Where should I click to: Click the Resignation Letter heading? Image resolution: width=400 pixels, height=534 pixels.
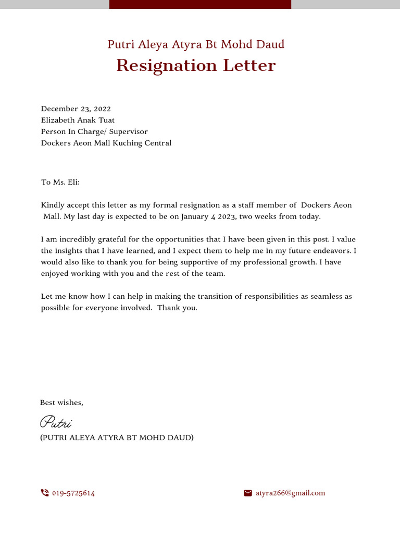tap(196, 66)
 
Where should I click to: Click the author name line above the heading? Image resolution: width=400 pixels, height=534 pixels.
tap(196, 44)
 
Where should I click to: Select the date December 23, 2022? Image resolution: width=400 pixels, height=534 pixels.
tap(76, 109)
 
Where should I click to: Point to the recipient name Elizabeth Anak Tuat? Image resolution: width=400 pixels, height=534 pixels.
tap(78, 120)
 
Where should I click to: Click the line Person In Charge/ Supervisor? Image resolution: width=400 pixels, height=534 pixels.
tap(94, 132)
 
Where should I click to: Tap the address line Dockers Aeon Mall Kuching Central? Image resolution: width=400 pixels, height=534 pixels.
tap(106, 143)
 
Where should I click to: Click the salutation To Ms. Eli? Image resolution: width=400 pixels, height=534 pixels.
tap(60, 183)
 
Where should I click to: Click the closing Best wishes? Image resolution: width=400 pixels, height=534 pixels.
tap(61, 403)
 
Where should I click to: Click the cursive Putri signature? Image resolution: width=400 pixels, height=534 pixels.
tap(56, 422)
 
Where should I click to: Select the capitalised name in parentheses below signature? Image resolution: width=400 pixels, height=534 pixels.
tap(117, 438)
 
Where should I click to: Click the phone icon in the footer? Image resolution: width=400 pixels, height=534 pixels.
tap(45, 493)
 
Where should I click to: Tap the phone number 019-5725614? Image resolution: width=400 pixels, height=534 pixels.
tap(73, 493)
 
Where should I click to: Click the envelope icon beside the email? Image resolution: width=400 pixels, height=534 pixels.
tap(248, 493)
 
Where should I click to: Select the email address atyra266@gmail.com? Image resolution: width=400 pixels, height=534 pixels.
tap(290, 493)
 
